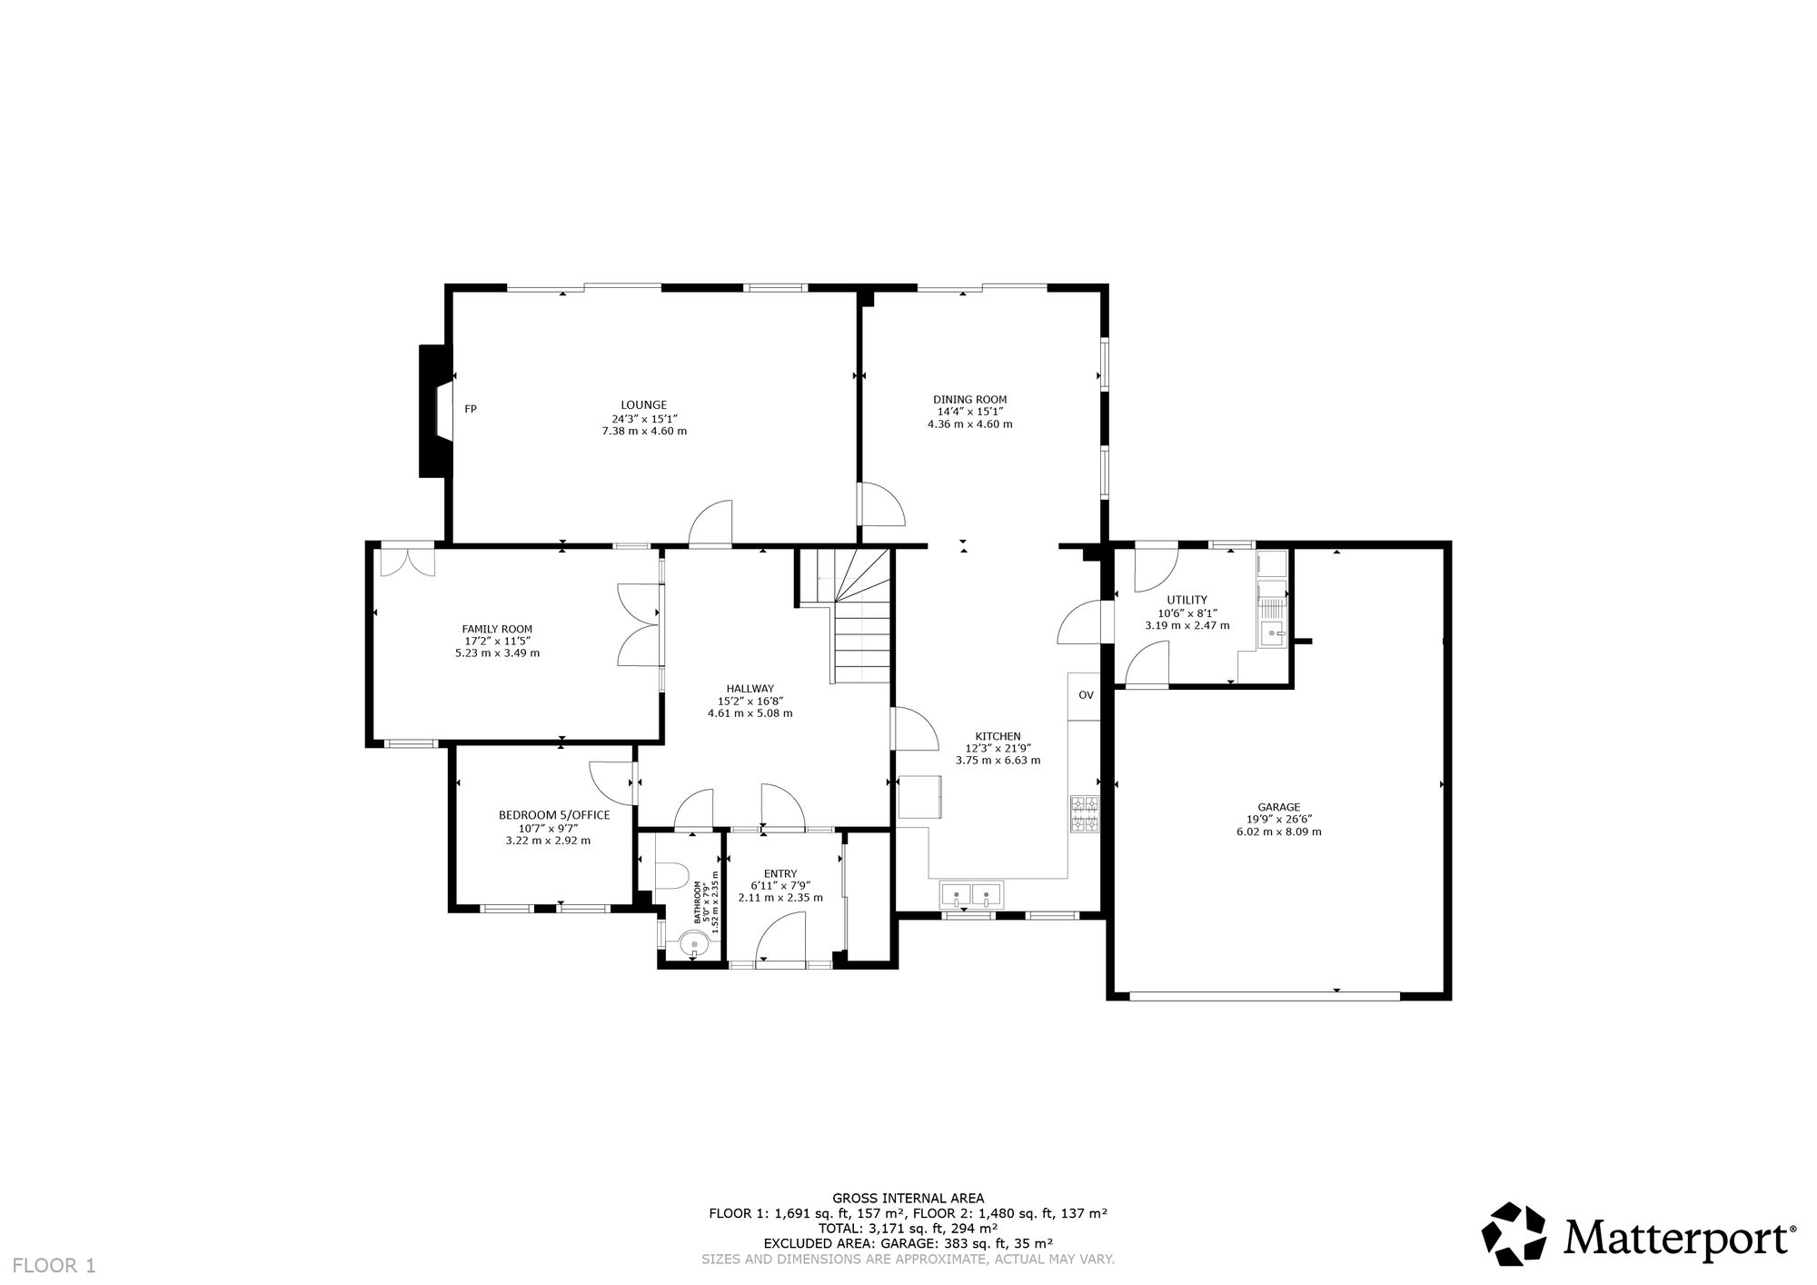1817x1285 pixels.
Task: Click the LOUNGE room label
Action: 644,405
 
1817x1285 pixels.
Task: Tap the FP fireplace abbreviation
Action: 471,409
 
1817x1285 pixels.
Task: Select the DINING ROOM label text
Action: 970,400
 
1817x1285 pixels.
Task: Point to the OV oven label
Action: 1086,695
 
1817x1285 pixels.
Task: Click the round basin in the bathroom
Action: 695,946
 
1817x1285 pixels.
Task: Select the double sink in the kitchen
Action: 971,895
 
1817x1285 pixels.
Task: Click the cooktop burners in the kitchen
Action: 1085,813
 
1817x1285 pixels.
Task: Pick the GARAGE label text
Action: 1279,807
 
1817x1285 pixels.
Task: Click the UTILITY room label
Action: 1187,600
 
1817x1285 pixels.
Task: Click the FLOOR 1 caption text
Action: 54,1265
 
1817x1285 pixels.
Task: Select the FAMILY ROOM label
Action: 497,629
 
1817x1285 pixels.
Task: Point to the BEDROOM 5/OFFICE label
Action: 554,815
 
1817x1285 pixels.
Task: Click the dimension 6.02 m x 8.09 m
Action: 1279,832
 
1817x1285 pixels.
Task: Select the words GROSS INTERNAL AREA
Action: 908,1198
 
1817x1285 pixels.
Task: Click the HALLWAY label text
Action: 750,689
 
